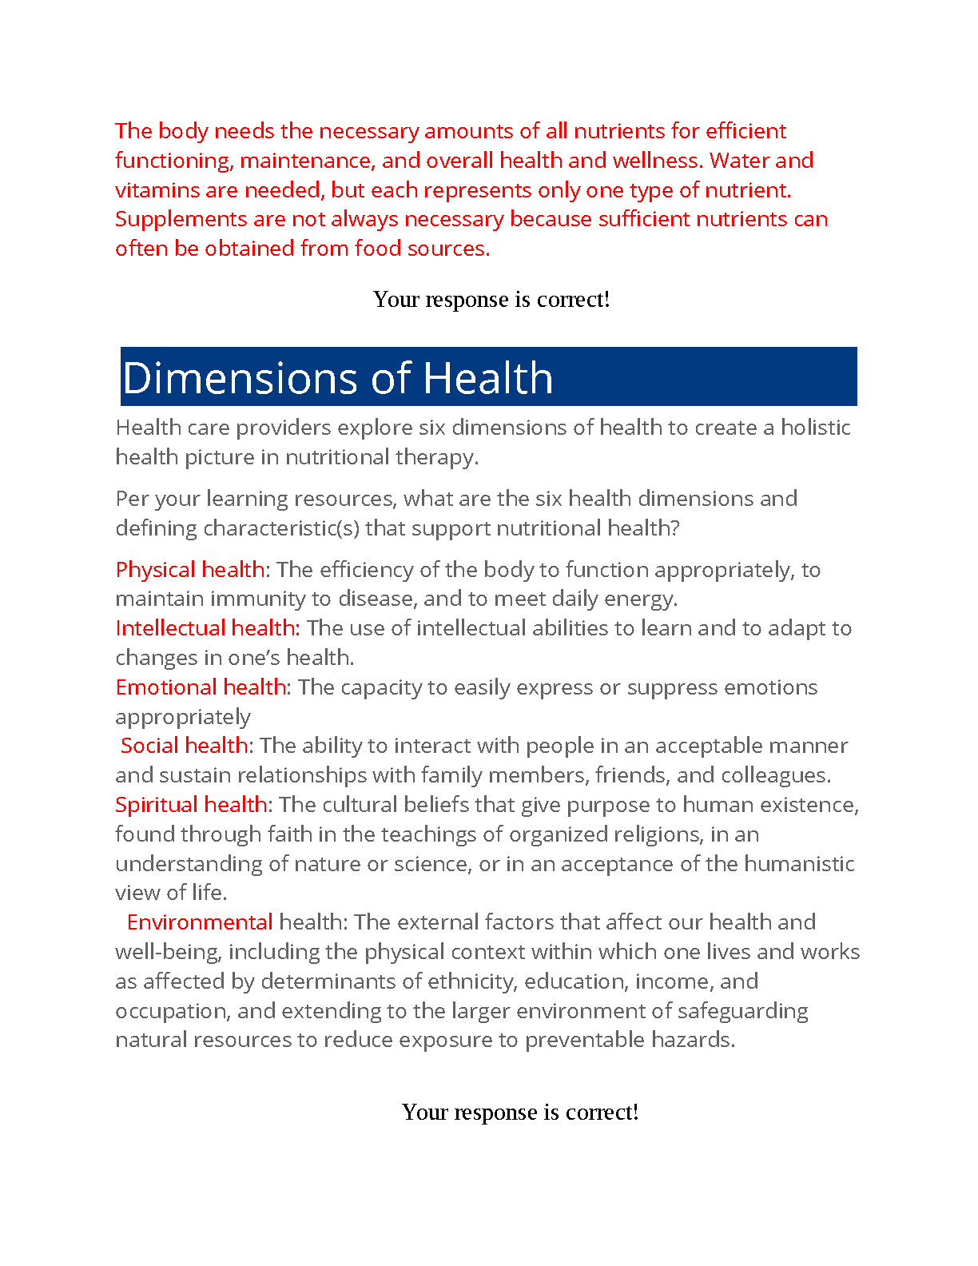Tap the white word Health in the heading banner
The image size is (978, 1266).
487,378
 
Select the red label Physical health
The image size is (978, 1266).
189,569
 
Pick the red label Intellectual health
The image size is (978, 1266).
205,628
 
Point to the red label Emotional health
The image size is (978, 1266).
201,687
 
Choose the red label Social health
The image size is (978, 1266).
184,746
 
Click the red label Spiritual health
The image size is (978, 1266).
191,805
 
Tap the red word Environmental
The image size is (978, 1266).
200,922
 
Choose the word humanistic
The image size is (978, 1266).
799,864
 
